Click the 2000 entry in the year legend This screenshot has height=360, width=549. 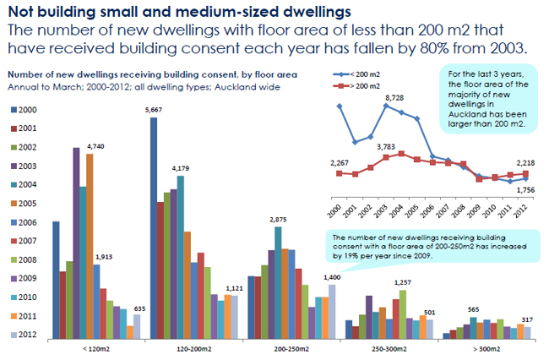click(x=24, y=111)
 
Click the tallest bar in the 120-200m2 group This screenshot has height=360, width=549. click(x=155, y=228)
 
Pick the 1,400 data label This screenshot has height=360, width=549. click(x=332, y=277)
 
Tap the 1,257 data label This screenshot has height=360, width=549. click(x=404, y=282)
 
